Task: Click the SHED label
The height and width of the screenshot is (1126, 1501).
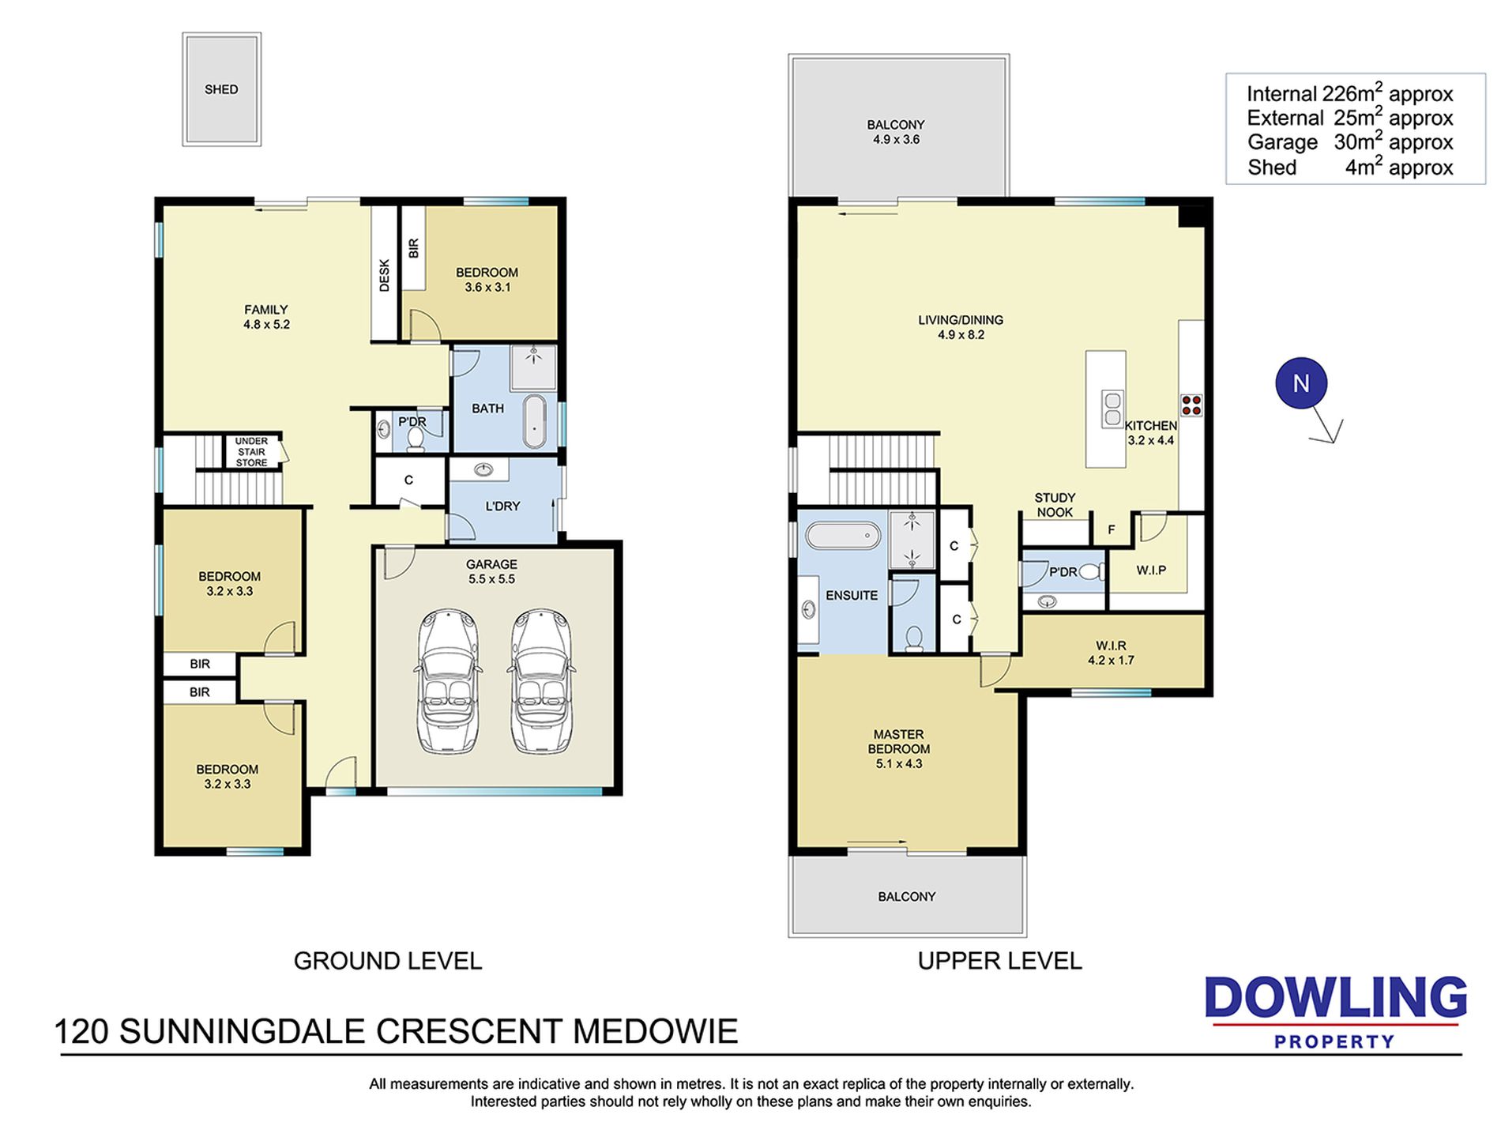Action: click(x=221, y=89)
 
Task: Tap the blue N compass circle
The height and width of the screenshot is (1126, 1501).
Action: click(x=1300, y=384)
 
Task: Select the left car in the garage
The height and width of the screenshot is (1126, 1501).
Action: click(x=447, y=680)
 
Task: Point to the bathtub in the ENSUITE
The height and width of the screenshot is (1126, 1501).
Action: click(x=843, y=535)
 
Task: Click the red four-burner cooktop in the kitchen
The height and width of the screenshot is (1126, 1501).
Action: click(x=1191, y=405)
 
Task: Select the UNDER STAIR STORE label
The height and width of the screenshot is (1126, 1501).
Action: click(x=251, y=452)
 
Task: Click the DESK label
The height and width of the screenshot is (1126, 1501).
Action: click(x=385, y=276)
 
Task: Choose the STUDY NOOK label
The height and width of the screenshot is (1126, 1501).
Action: click(x=1055, y=505)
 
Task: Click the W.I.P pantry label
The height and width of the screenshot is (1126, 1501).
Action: click(x=1151, y=570)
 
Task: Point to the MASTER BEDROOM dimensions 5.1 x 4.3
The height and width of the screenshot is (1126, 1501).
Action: click(x=899, y=764)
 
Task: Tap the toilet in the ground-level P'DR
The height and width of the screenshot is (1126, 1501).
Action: click(x=416, y=438)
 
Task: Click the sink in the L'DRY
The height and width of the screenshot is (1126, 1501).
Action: click(x=483, y=471)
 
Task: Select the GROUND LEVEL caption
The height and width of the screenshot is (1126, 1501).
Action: click(x=388, y=961)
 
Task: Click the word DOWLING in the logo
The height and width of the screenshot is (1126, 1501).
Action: click(x=1336, y=998)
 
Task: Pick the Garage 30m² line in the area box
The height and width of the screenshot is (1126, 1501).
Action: click(x=1350, y=142)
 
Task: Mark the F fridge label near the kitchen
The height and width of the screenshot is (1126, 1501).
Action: click(x=1112, y=530)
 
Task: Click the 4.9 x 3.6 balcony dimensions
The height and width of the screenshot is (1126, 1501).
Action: click(x=896, y=140)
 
